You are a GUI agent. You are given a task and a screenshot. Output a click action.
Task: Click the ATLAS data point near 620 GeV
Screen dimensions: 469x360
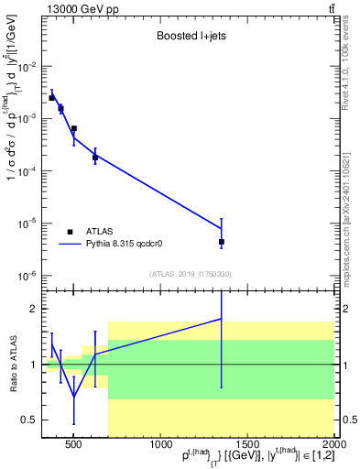[95, 158]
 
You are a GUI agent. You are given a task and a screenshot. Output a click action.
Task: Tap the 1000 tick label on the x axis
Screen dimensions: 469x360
[160, 446]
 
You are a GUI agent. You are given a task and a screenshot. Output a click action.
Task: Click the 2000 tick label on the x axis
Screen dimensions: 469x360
[333, 446]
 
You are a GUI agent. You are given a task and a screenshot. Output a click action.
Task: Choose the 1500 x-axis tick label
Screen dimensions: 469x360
[247, 446]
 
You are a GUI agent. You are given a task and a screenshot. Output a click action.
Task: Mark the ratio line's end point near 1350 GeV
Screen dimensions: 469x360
[222, 319]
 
